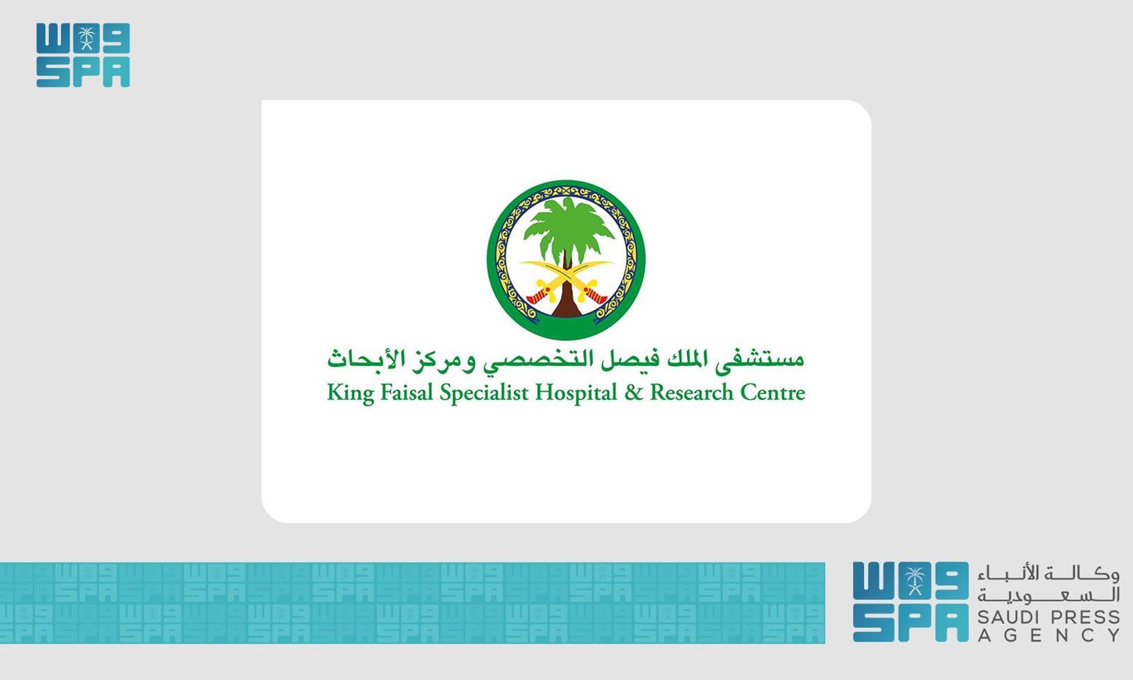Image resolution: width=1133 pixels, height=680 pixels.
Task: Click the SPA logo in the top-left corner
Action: click(83, 55)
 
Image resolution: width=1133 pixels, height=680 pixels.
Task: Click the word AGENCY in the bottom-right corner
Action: click(1049, 635)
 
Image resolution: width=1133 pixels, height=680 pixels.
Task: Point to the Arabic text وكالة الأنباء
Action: click(1049, 573)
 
